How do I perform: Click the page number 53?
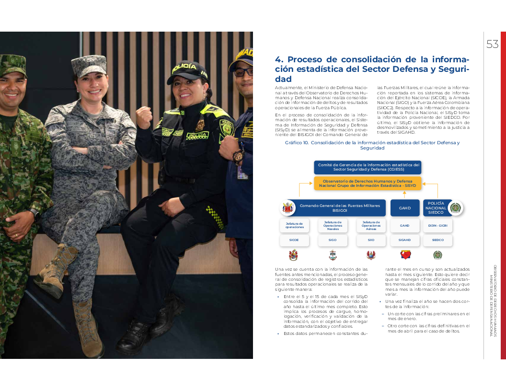tap(493, 45)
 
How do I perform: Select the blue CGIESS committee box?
tap(368, 167)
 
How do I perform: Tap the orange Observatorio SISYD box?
tap(368, 183)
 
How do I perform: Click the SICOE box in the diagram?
tap(294, 240)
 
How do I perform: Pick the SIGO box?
tap(333, 240)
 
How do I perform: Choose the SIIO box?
tap(371, 240)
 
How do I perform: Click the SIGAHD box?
tap(405, 240)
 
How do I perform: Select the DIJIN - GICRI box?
tap(437, 225)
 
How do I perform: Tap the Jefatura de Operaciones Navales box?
tap(333, 225)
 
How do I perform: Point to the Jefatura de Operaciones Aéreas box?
tap(371, 225)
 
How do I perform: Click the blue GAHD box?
tap(405, 208)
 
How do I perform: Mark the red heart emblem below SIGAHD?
tap(405, 255)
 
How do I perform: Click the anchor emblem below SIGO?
tap(333, 255)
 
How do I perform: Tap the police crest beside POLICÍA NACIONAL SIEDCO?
tap(456, 208)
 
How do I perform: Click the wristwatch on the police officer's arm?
tap(238, 156)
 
